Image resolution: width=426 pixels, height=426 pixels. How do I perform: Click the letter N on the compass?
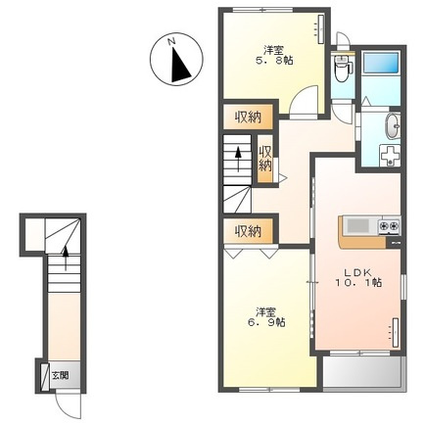[x=171, y=41]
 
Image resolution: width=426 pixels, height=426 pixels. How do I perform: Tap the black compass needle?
[x=179, y=66]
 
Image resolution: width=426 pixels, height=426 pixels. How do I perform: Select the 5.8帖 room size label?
[x=274, y=61]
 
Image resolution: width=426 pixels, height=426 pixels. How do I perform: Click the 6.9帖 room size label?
[x=265, y=322]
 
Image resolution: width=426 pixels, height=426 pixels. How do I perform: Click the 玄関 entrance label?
[x=61, y=376]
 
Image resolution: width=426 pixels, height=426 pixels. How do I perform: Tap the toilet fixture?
[x=342, y=70]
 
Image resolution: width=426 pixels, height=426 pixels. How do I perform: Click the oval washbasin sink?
[x=393, y=126]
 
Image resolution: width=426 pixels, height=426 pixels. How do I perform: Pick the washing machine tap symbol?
[x=390, y=157]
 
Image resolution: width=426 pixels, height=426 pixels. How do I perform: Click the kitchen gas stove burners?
[x=389, y=225]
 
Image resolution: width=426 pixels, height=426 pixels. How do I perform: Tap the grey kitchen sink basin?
[x=357, y=225]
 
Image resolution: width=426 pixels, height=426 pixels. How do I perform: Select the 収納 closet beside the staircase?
[x=265, y=159]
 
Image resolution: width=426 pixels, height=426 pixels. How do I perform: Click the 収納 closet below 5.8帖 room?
[x=248, y=117]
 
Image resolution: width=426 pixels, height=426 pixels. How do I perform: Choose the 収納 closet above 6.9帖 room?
[x=248, y=231]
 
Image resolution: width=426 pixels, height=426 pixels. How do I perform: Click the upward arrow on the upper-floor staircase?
[x=238, y=159]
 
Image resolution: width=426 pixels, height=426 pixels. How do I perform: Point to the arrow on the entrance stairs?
[x=66, y=259]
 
